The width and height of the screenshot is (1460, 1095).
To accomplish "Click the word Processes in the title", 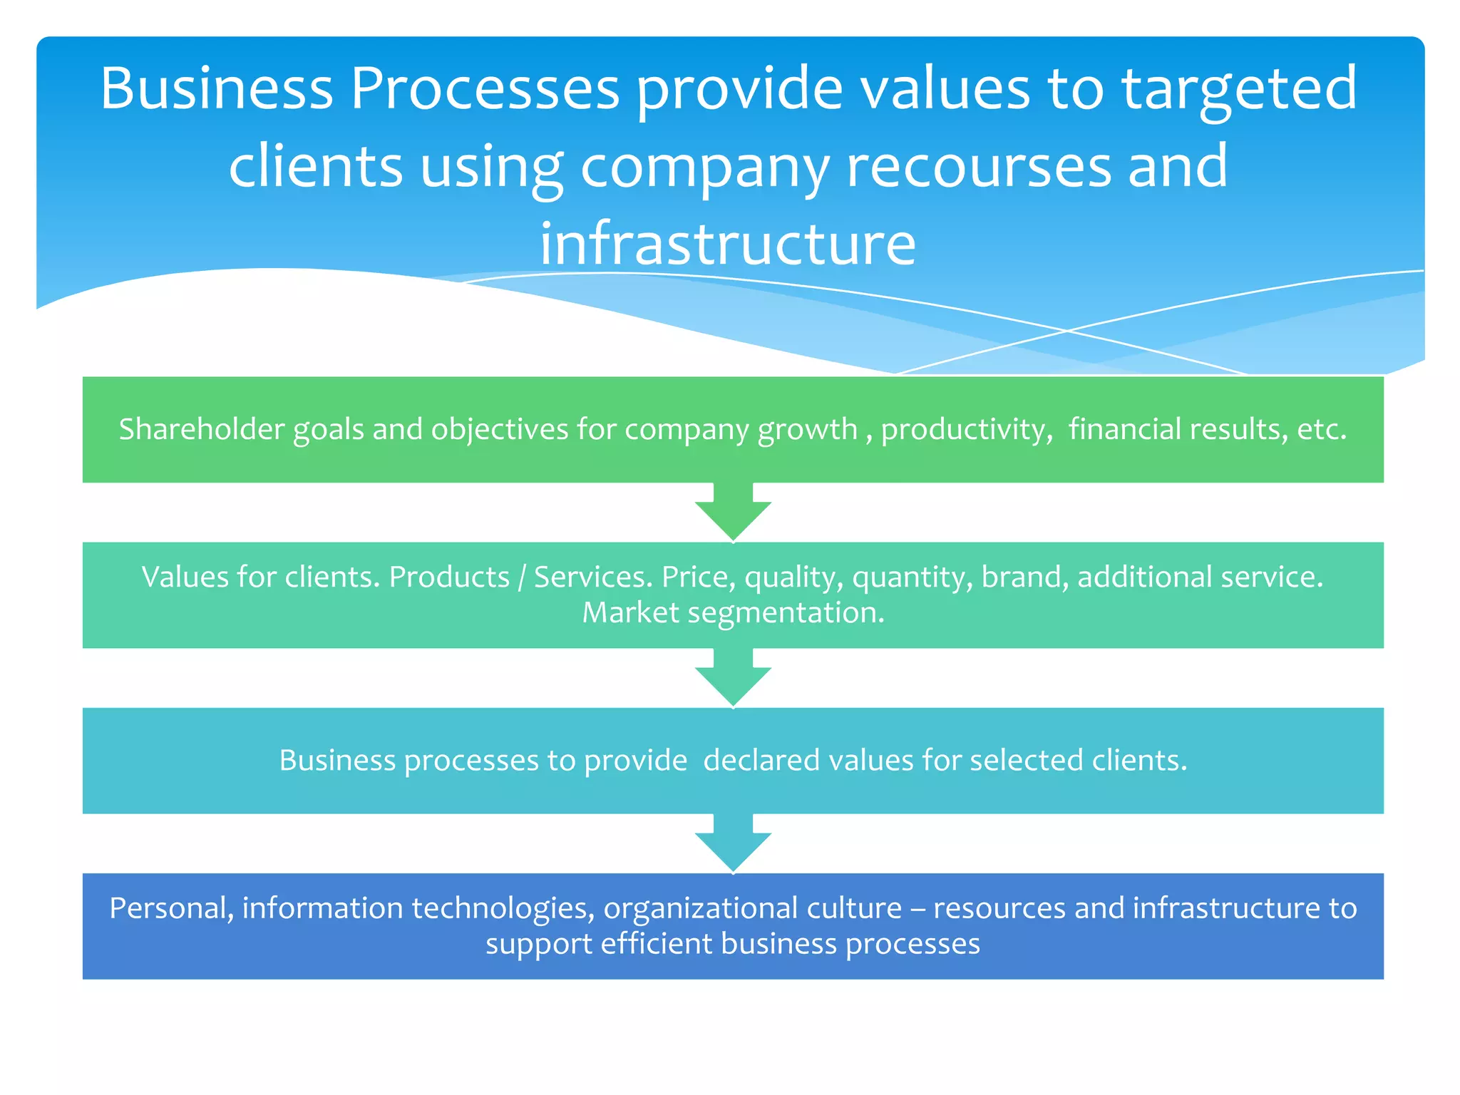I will pyautogui.click(x=485, y=89).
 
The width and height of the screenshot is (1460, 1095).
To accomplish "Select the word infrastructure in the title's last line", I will pyautogui.click(x=728, y=244).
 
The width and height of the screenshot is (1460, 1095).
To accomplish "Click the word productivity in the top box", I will pyautogui.click(x=965, y=429).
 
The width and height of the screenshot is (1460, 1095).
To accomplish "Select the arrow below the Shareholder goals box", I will pyautogui.click(x=733, y=513).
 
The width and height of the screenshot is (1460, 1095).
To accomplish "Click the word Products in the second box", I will pyautogui.click(x=449, y=577).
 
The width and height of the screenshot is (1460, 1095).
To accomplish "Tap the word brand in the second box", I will pyautogui.click(x=1024, y=577).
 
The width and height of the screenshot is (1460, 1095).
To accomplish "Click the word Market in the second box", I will pyautogui.click(x=630, y=612).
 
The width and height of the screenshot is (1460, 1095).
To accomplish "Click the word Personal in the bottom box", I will pyautogui.click(x=171, y=908).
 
